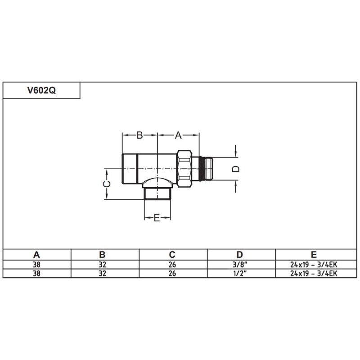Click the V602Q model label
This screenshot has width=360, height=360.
[41, 90]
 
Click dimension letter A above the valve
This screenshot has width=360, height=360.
[178, 135]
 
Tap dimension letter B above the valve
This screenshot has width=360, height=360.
[139, 135]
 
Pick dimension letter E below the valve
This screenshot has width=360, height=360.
[157, 218]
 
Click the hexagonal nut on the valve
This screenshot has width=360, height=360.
[184, 169]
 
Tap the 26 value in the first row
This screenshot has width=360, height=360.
[172, 265]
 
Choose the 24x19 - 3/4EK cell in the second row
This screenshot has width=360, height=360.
[314, 273]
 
